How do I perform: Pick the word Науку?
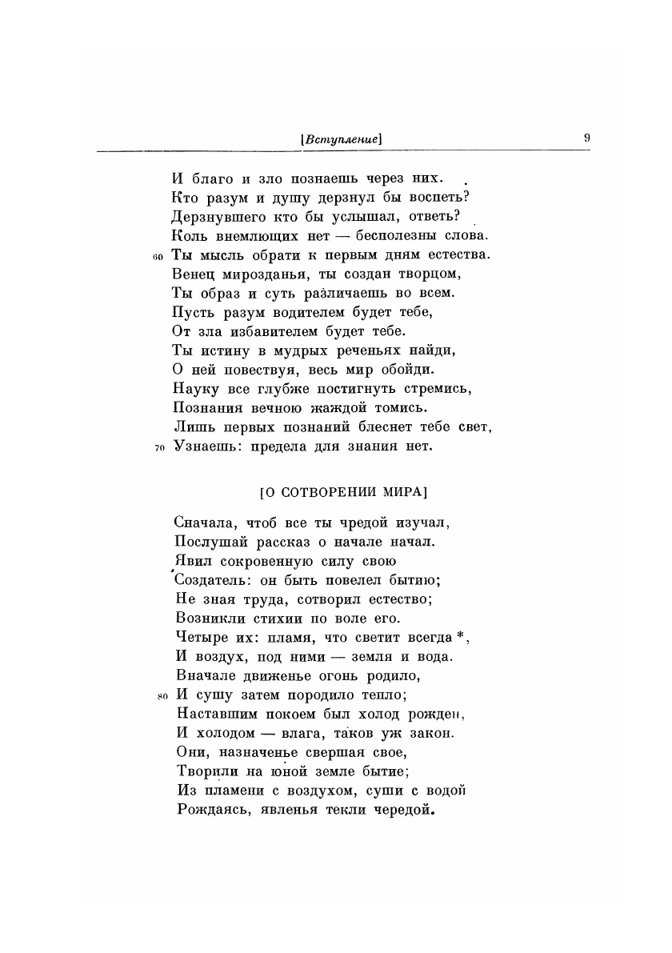point(195,389)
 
